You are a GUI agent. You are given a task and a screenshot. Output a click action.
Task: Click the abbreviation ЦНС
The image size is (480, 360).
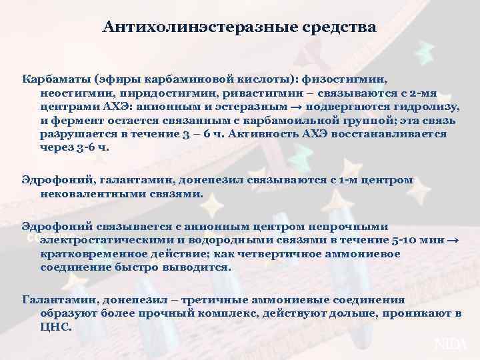54,327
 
